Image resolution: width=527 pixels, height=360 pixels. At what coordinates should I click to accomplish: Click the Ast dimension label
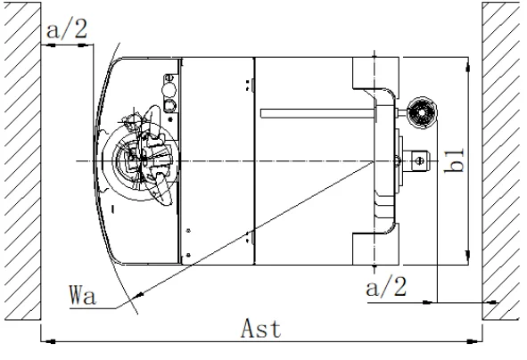click(x=260, y=329)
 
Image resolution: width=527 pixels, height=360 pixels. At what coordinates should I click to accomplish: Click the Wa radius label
click(x=83, y=295)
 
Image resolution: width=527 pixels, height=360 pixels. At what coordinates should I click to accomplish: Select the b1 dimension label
click(x=455, y=160)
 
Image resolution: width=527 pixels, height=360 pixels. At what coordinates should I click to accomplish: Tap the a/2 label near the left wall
click(x=67, y=29)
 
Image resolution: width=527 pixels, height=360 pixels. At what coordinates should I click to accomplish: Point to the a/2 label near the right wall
click(x=386, y=287)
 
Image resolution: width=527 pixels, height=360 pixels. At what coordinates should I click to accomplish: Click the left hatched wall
click(x=22, y=161)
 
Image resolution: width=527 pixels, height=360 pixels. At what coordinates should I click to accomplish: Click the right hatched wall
click(x=501, y=161)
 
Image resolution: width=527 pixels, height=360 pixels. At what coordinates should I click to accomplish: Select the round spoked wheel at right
click(x=422, y=113)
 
